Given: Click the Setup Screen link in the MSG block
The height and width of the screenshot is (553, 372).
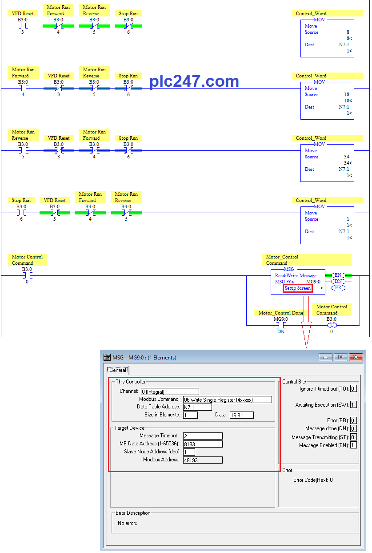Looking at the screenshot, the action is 297,288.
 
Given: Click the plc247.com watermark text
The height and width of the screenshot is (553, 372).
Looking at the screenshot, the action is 194,81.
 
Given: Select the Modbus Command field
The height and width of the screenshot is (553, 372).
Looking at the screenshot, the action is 227,400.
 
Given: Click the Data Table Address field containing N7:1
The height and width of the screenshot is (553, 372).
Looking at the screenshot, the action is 197,408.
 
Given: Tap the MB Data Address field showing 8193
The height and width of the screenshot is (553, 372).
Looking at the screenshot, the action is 203,444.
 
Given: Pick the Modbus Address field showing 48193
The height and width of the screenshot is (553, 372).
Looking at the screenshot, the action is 203,460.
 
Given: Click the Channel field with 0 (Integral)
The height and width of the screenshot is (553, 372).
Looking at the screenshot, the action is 170,392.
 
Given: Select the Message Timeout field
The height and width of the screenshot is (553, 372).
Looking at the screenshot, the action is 203,436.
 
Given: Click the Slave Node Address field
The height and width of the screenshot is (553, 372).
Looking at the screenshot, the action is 189,452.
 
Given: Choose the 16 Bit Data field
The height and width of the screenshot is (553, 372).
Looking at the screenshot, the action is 241,415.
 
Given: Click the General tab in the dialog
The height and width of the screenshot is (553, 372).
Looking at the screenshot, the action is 118,370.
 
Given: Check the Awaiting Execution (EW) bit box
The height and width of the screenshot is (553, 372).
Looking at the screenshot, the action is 353,404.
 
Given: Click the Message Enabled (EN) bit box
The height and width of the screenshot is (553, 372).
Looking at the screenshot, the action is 353,445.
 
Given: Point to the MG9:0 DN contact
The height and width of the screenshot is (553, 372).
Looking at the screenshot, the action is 281,325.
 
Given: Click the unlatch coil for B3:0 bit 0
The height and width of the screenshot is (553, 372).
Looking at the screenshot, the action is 332,325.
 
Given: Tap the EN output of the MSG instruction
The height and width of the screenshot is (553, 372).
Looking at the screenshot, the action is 338,275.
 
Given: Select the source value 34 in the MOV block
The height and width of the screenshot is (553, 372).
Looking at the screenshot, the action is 347,157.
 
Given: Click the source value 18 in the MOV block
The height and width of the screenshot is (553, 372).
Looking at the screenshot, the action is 347,95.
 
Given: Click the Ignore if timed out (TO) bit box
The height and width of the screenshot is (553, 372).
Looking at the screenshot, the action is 353,389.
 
